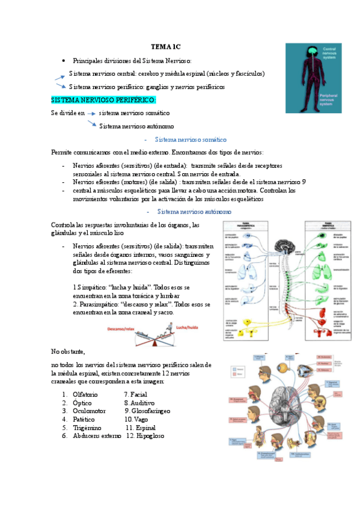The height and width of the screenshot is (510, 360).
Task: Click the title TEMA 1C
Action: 165,46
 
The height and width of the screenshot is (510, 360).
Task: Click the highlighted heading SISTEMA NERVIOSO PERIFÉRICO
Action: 103,99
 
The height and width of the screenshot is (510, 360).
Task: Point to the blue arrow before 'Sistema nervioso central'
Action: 59,76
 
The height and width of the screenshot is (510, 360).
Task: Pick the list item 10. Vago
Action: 136,419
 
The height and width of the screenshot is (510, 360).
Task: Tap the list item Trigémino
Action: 88,428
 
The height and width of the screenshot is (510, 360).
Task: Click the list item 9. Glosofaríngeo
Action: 147,411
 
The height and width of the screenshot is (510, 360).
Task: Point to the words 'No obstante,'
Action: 68,351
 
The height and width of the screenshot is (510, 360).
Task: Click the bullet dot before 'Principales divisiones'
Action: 64,61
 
